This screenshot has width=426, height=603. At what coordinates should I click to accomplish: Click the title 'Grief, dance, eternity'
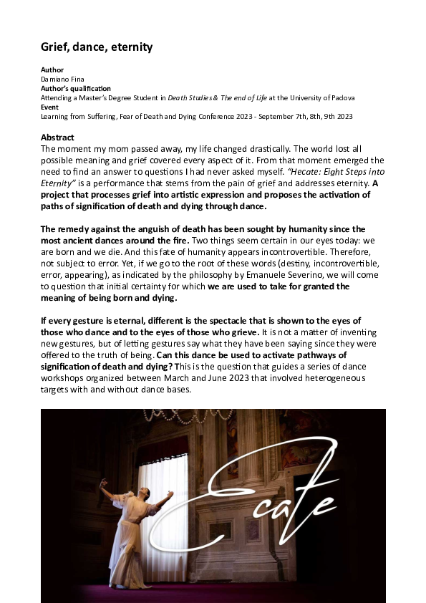coord(97,47)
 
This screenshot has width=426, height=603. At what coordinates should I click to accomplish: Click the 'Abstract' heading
coord(58,137)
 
